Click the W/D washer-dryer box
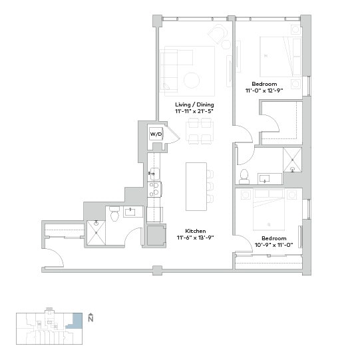[x=156, y=134]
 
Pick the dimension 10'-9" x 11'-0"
[x=273, y=245]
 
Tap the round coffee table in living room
[x=192, y=80]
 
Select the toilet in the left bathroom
[x=114, y=214]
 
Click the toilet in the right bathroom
[x=244, y=176]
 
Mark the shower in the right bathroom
[x=292, y=160]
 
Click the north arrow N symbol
[x=90, y=318]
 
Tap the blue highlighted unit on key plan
[x=78, y=321]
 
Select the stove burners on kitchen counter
[x=154, y=189]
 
